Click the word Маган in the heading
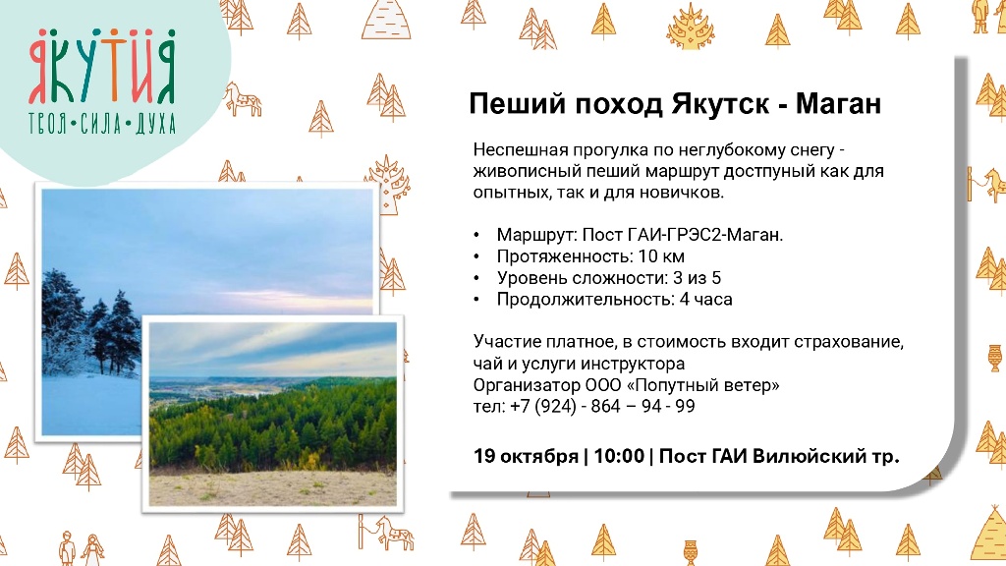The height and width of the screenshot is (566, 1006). [x=839, y=103]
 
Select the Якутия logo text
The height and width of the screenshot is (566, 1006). [x=102, y=67]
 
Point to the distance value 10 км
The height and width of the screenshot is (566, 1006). [x=661, y=256]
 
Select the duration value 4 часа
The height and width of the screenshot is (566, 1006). [x=705, y=299]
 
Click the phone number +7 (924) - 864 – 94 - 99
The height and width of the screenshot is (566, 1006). [x=602, y=406]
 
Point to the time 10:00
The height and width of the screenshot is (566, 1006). [x=619, y=456]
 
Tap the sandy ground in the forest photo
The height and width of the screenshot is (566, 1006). [x=273, y=488]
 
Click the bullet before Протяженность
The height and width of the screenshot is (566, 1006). [x=476, y=256]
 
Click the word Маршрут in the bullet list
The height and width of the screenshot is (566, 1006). [x=535, y=236]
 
